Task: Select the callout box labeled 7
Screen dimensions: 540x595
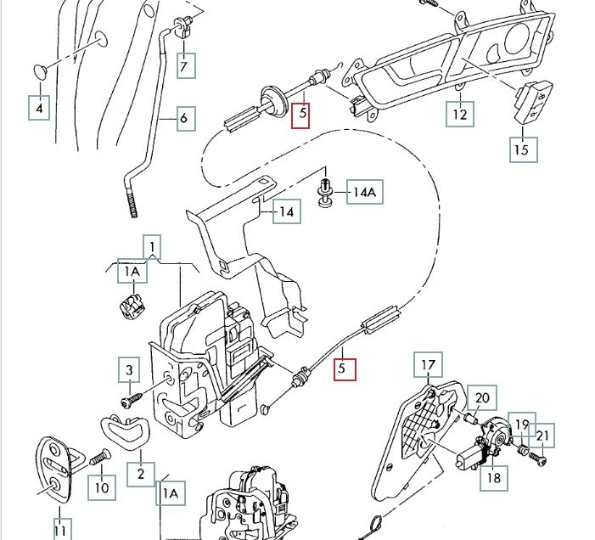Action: click(186, 65)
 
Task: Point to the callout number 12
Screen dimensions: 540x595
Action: click(459, 113)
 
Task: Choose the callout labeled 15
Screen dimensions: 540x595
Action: click(522, 149)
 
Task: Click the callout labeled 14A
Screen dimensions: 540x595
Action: click(363, 193)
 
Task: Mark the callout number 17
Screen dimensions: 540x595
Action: click(429, 366)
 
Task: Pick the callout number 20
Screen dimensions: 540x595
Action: click(482, 397)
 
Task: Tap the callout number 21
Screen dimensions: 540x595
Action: click(543, 436)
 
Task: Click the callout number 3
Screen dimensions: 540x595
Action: click(129, 370)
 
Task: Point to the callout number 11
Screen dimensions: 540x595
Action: click(59, 531)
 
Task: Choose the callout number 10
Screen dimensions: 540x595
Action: click(102, 487)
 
